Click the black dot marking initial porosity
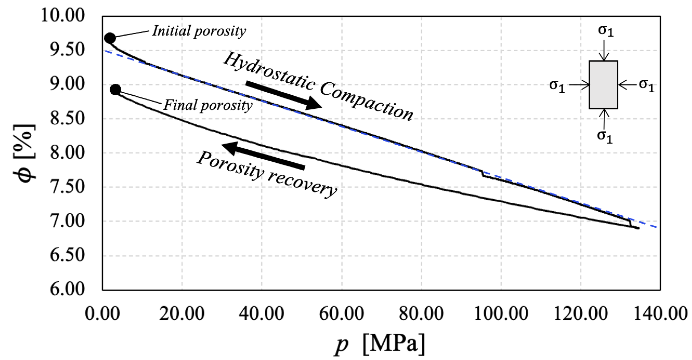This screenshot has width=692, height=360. (x=110, y=38)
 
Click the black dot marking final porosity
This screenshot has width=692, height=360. (x=115, y=90)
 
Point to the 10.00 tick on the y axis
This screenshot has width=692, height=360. (x=62, y=15)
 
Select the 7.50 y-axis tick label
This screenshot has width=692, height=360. (x=67, y=187)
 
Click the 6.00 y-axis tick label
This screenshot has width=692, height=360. (x=67, y=290)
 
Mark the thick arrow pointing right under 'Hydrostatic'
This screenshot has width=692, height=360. (x=284, y=95)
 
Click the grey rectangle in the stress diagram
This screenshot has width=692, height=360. (x=603, y=85)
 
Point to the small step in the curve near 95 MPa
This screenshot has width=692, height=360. (x=482, y=174)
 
